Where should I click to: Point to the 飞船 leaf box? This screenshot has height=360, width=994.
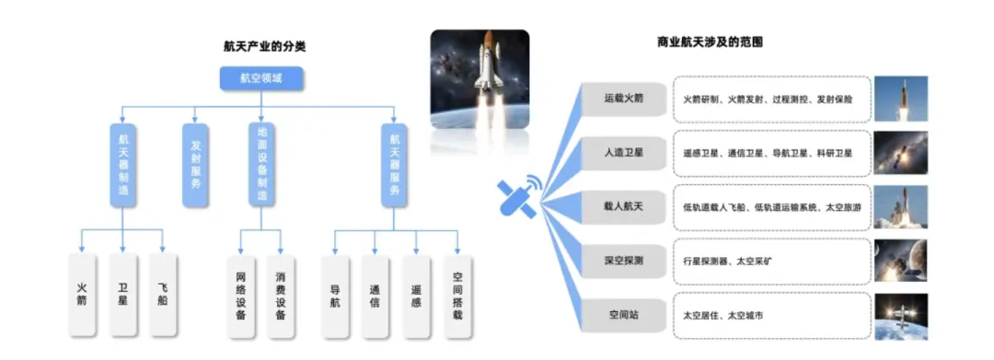(x=163, y=294)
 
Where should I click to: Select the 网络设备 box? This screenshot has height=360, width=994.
(x=240, y=296)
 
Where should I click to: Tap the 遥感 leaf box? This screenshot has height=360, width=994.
(x=416, y=294)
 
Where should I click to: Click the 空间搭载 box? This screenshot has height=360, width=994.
(x=457, y=296)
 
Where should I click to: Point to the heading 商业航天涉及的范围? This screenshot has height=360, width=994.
(x=710, y=42)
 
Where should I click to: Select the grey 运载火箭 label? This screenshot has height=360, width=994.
(x=623, y=99)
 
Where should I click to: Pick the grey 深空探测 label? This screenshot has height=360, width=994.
(x=623, y=261)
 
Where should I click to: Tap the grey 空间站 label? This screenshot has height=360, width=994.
(x=623, y=315)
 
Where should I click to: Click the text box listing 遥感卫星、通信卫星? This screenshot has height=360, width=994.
(x=770, y=153)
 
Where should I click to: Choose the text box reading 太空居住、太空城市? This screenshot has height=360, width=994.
(x=770, y=315)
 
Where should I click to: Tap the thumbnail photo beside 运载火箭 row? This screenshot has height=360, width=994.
(x=900, y=99)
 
